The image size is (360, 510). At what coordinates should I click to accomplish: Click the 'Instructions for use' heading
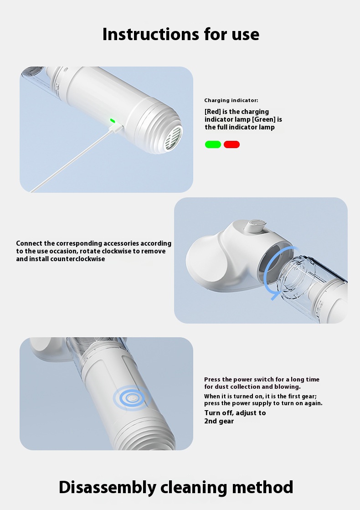(181, 34)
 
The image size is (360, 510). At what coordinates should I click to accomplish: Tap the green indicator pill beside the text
(213, 144)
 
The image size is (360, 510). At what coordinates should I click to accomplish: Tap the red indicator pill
(231, 144)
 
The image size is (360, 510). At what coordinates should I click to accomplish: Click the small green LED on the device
(113, 121)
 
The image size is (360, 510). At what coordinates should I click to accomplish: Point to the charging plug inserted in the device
(116, 128)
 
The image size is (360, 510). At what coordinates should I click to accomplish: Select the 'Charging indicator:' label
(231, 100)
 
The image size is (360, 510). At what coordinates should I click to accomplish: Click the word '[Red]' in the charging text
(213, 112)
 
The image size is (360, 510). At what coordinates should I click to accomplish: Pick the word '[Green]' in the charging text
(264, 119)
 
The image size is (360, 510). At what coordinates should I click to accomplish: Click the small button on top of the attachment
(256, 225)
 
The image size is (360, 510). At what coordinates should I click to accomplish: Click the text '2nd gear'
(219, 421)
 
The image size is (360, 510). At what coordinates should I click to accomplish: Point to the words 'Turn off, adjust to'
(235, 413)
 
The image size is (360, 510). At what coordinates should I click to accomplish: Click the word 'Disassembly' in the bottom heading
(108, 487)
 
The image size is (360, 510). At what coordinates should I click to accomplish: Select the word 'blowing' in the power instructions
(288, 387)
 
